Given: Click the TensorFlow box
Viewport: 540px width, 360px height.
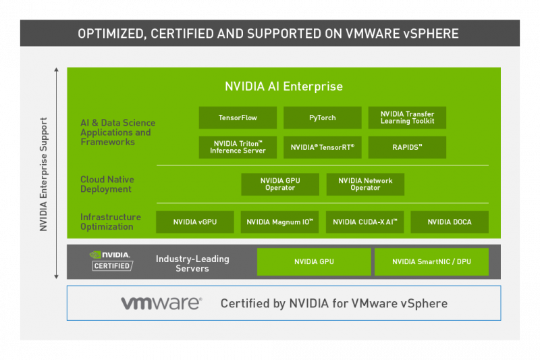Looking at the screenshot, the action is [x=238, y=118].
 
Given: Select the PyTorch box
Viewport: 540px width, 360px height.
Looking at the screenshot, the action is [x=323, y=118].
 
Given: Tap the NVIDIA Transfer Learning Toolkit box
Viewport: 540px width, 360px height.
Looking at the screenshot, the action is [x=407, y=118].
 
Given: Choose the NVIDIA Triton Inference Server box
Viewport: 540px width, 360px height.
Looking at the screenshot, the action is [x=238, y=147].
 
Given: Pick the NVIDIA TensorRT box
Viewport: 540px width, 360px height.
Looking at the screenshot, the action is [x=323, y=147].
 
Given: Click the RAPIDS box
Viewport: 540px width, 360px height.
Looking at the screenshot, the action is [x=407, y=147].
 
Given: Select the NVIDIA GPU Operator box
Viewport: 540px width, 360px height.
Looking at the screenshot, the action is [x=280, y=184].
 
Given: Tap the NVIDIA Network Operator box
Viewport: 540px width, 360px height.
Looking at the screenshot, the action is [x=365, y=184].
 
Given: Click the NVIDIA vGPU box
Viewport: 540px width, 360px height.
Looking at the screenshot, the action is [x=195, y=222].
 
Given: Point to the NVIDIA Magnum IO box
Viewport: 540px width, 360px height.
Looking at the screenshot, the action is [x=279, y=222].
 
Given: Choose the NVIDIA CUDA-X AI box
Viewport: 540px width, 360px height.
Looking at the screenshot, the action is [x=364, y=222].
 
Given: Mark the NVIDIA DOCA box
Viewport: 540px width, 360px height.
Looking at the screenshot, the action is [x=450, y=222].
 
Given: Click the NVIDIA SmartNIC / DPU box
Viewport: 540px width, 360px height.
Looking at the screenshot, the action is [x=431, y=262].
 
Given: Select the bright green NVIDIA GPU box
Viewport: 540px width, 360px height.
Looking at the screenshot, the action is [x=314, y=262].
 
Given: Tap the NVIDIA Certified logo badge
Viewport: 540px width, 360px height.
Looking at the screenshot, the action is [x=111, y=261].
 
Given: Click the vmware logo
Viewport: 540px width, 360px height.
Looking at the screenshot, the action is [x=161, y=303].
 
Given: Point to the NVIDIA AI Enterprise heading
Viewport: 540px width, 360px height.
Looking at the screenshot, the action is [x=283, y=86].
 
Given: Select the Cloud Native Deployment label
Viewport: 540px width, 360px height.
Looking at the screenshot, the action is [x=107, y=184].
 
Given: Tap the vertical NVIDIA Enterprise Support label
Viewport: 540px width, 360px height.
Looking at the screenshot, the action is [x=43, y=174].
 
